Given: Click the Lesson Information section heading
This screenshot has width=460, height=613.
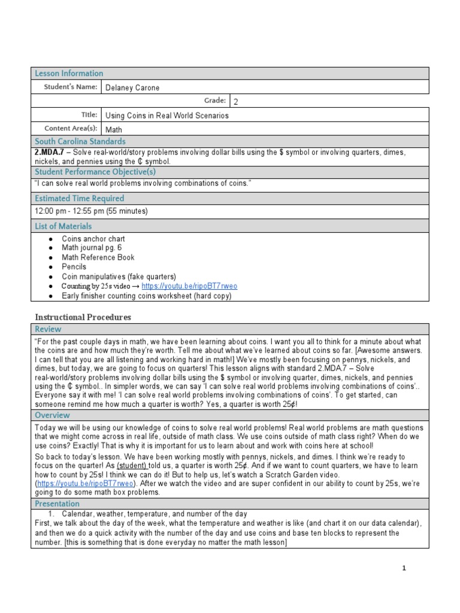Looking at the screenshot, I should point(69,74).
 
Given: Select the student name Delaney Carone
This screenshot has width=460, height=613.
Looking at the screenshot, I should point(132,88).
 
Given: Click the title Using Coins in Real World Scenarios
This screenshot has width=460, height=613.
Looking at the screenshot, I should point(167,116).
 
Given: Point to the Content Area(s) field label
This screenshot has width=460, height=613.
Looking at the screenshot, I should point(71,129).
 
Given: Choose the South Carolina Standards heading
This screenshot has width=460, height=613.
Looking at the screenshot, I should point(80,142).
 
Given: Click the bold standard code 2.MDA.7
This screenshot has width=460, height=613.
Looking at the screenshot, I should point(50,153).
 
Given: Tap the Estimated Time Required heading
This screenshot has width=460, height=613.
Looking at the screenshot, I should point(79,198).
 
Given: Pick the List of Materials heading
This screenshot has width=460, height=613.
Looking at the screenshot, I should point(63,226).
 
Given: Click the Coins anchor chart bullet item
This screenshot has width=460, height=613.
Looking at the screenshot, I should point(93,239).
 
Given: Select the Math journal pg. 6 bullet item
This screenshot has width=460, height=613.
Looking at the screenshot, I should point(92,248).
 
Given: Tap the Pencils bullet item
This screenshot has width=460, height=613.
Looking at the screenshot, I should point(74,267).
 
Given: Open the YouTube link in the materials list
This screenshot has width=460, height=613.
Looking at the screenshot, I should point(182,286).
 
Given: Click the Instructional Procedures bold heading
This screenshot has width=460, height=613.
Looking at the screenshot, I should point(83,317).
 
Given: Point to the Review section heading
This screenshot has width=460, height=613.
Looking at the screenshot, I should point(48,329).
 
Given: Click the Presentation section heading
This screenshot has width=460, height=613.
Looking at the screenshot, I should point(58,504).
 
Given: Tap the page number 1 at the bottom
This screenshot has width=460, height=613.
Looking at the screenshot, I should point(404,569).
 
